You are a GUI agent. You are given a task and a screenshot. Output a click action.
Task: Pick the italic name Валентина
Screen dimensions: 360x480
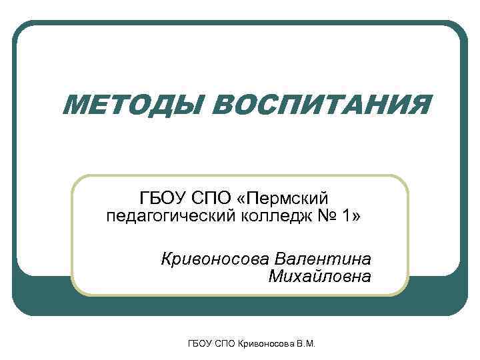tap(323, 257)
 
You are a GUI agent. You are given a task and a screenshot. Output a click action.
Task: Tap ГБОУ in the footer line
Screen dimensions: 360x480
tap(200, 344)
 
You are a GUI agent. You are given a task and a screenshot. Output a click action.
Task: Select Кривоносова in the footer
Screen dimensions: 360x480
tap(263, 344)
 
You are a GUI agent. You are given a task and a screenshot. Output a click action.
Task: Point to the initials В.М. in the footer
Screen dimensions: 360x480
tap(304, 344)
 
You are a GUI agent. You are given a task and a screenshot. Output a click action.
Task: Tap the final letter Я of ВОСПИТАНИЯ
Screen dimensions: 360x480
tap(419, 105)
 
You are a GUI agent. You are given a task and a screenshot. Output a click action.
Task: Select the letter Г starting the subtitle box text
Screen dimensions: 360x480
tap(145, 198)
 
